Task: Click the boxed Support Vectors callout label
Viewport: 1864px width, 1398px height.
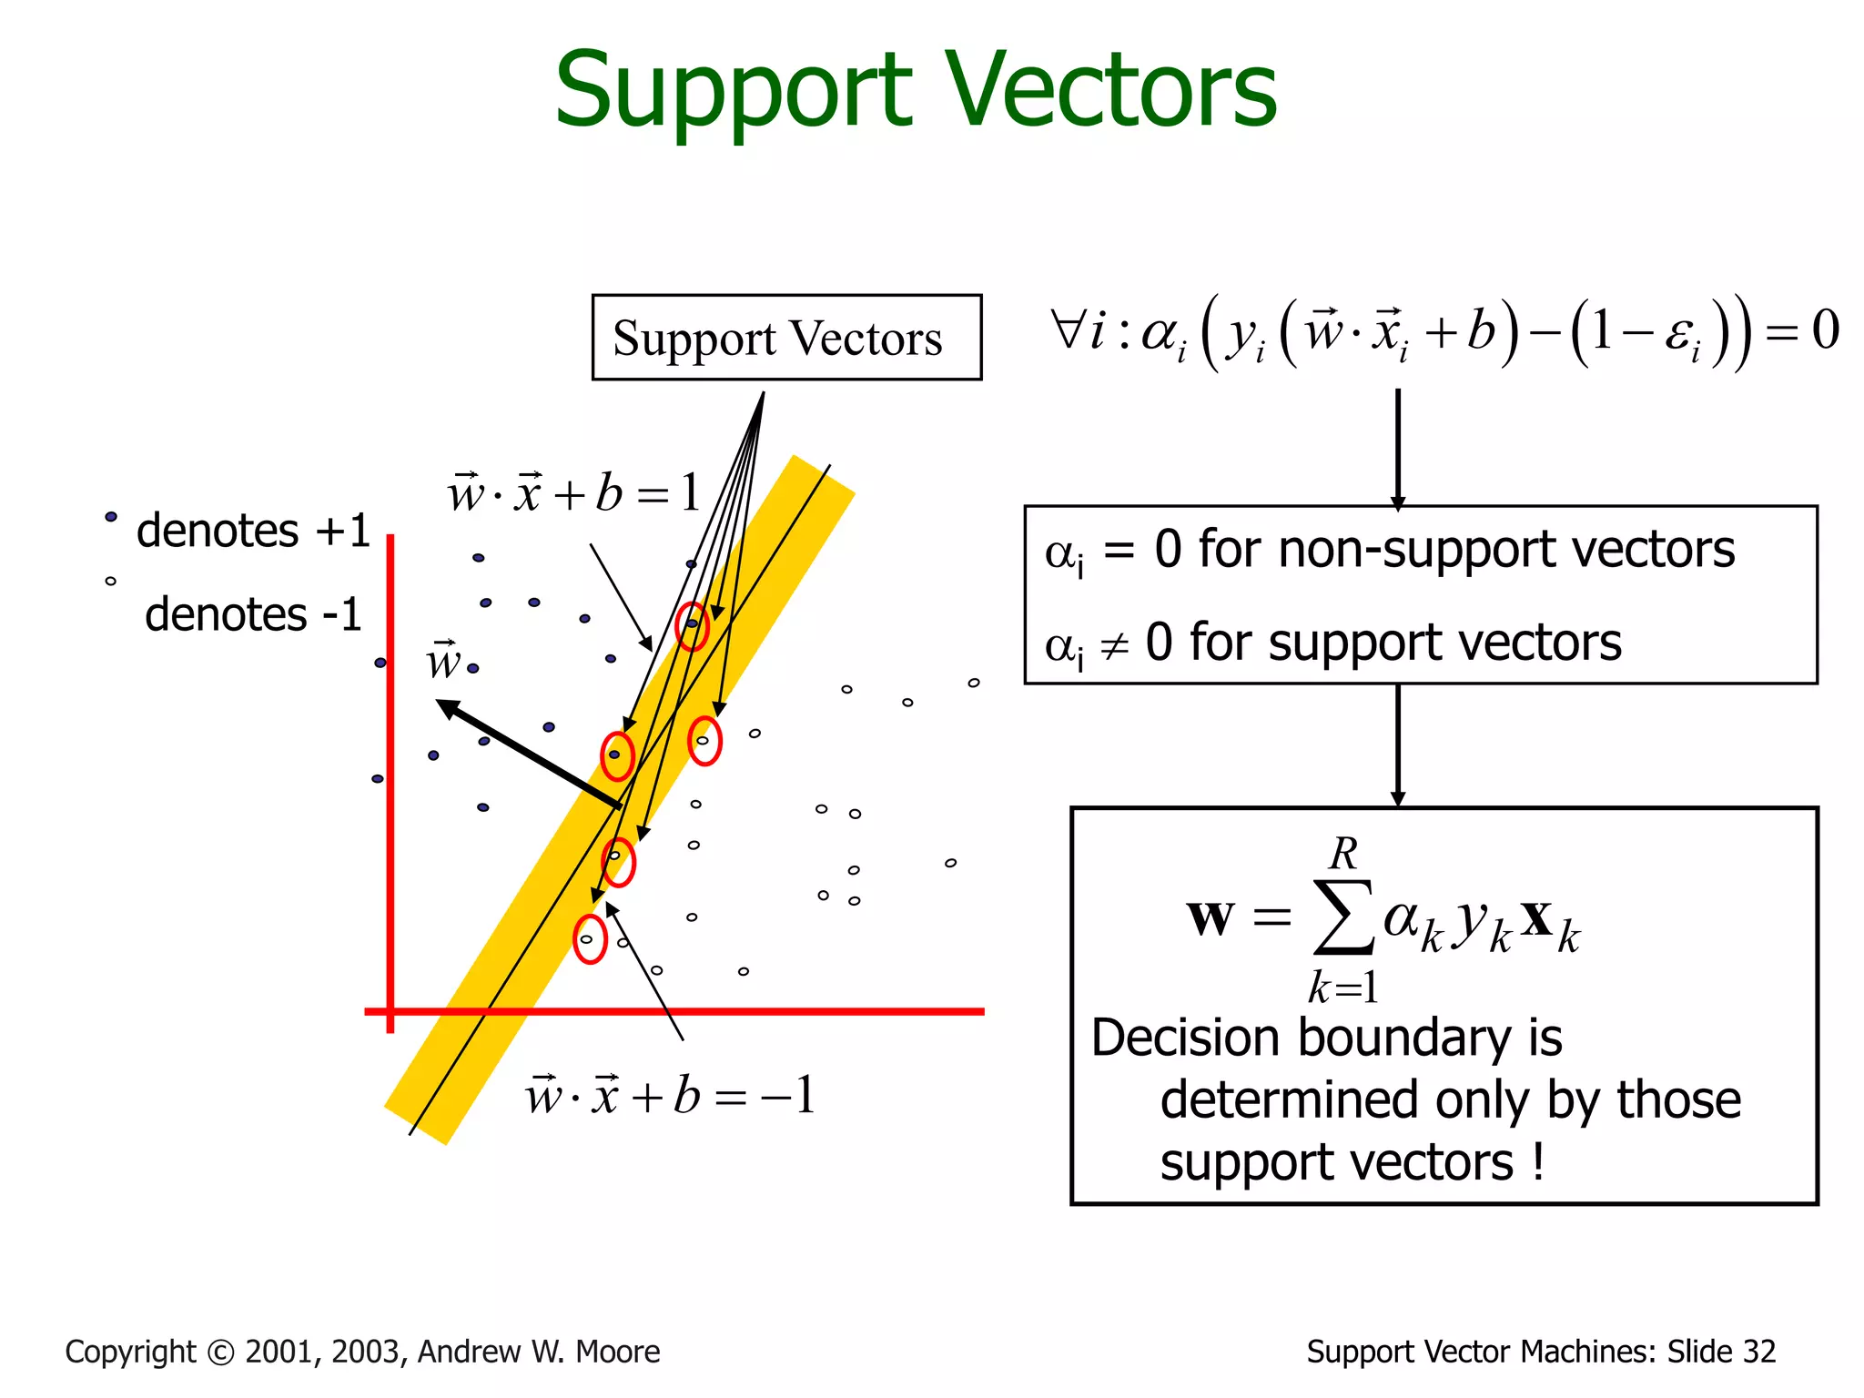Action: [x=778, y=339]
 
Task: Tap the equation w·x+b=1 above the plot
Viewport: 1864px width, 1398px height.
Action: [x=573, y=494]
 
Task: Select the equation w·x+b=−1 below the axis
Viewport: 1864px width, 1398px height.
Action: [x=670, y=1095]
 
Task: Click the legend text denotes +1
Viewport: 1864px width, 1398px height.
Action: [x=254, y=531]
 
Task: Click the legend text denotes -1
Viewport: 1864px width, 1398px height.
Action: [x=254, y=614]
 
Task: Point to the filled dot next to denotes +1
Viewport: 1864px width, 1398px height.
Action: [x=111, y=517]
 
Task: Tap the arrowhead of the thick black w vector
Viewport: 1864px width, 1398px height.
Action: [x=447, y=707]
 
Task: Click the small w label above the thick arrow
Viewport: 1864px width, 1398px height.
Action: [x=443, y=661]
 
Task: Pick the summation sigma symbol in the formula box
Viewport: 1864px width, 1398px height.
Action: [x=1343, y=917]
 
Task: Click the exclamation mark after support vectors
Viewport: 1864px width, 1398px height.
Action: [x=1538, y=1162]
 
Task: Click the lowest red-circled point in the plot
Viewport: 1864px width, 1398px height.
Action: [x=589, y=939]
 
